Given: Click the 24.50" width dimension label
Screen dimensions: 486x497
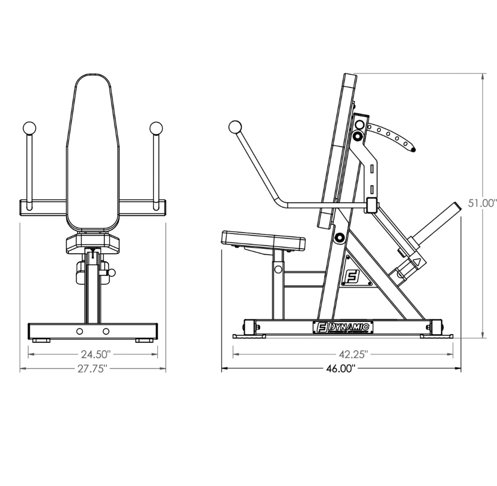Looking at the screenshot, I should [x=92, y=354].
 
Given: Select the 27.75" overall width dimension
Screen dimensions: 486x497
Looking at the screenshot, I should [x=92, y=369].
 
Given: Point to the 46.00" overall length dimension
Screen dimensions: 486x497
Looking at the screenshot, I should [x=341, y=369].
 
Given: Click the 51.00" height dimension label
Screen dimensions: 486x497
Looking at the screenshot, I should [x=481, y=203].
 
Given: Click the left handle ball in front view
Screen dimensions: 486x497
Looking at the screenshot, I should [x=29, y=128].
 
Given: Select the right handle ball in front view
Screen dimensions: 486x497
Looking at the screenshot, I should [x=156, y=128].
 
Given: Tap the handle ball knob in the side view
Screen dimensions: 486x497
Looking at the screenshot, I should [x=235, y=127].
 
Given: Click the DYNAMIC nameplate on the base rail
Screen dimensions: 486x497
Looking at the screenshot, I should [x=343, y=327].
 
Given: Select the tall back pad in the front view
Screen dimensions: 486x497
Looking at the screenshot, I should [x=93, y=150].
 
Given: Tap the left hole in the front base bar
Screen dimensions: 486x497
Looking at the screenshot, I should [x=80, y=331].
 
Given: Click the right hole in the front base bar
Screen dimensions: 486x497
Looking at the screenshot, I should [x=106, y=331].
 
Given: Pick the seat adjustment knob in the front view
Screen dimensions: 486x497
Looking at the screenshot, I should [x=111, y=273].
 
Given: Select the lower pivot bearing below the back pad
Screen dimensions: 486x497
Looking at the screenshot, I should [x=339, y=238].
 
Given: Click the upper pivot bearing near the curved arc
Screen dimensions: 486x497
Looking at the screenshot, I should [x=358, y=137].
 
